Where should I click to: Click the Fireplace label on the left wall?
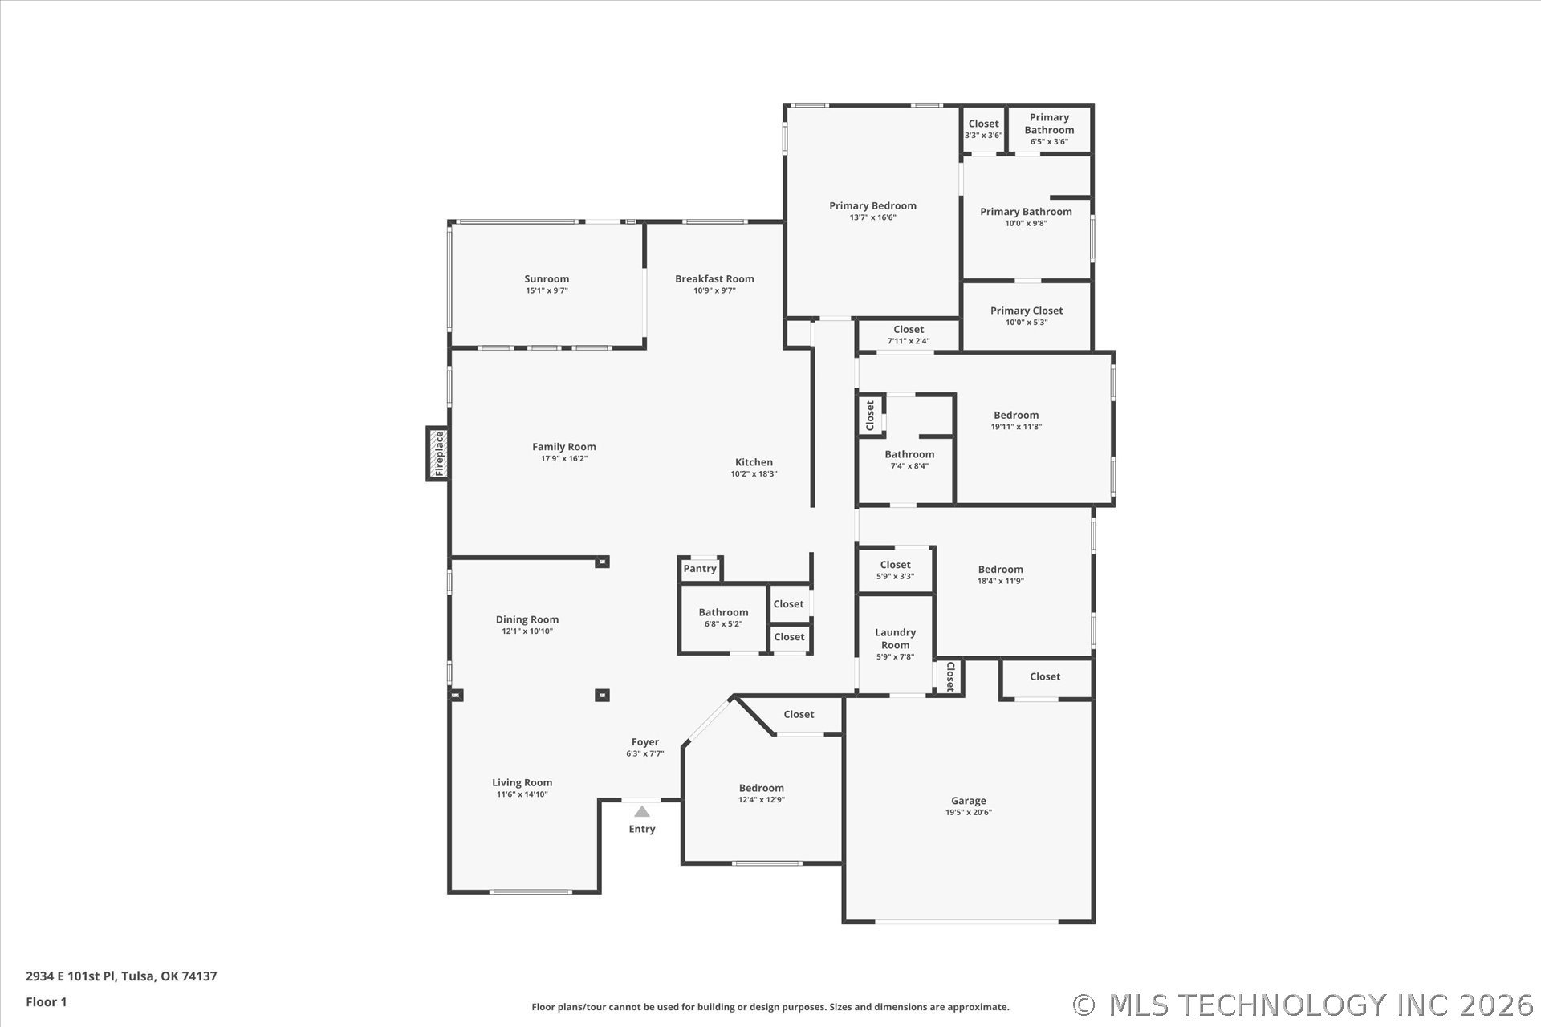coord(439,454)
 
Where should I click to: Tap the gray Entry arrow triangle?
coord(642,811)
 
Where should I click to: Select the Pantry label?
coord(700,569)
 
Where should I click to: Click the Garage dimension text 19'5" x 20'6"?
coord(969,812)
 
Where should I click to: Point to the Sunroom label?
coord(547,279)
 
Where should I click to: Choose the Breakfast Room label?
coord(714,279)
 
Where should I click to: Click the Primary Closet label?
coord(1027,311)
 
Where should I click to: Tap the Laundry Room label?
coord(895,639)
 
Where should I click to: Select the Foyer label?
coord(645,743)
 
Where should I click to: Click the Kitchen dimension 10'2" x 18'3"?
coord(754,474)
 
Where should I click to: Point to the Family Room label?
coord(564,448)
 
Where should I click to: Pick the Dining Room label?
coord(527,619)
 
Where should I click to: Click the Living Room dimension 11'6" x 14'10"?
coord(522,794)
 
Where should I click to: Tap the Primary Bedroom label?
coord(872,206)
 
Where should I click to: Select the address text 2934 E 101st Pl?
coord(71,976)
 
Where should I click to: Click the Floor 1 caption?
coord(47,1001)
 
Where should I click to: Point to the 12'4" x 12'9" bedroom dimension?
coord(762,800)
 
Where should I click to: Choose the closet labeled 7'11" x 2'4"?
coord(909,335)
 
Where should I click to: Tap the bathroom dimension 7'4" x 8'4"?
coord(909,466)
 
